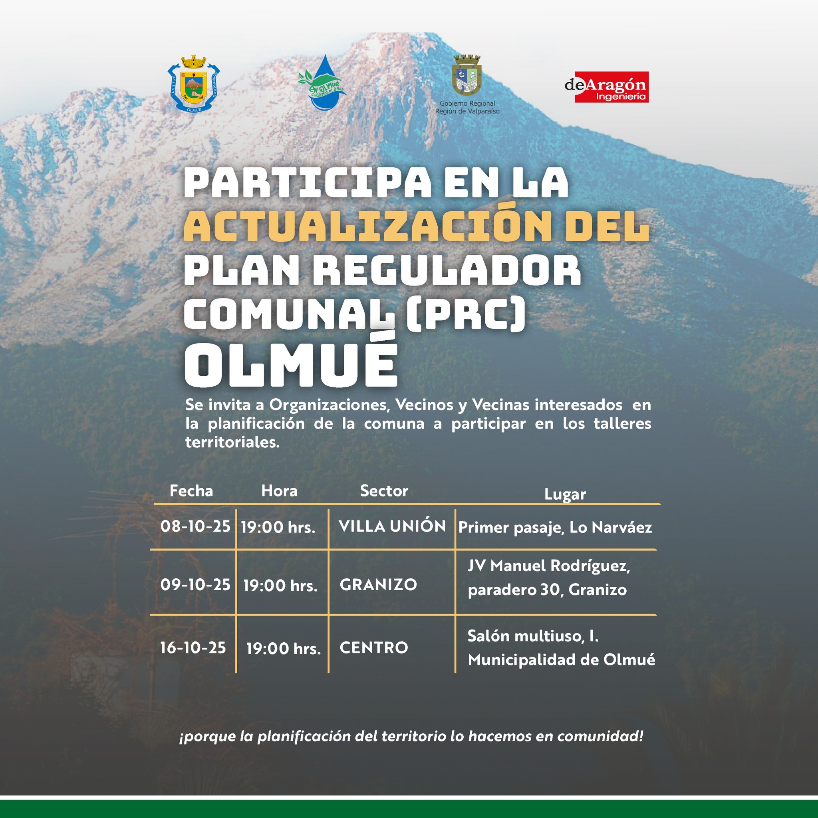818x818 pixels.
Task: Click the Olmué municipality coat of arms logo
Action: coord(193,83)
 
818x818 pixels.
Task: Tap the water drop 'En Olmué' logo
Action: coord(322,83)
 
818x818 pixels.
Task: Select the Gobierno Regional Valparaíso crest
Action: coord(467,75)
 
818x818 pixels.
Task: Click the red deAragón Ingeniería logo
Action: coord(607,87)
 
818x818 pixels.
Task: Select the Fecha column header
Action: coord(191,491)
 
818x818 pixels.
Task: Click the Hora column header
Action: coord(280,491)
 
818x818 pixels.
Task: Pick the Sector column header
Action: coord(384,491)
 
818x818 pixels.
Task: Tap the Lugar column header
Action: coord(565,494)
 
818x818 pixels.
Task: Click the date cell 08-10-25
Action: coord(195,526)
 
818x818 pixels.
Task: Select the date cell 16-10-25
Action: coord(193,648)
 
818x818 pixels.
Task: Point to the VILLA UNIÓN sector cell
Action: coord(392,526)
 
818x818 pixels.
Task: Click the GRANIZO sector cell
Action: coord(379,585)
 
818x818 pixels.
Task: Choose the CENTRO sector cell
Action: coord(374,648)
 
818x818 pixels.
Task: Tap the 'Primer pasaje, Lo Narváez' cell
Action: coord(555,528)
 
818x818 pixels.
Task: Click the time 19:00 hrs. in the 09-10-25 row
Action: coord(280,586)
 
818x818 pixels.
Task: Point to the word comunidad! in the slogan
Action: coord(600,736)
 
